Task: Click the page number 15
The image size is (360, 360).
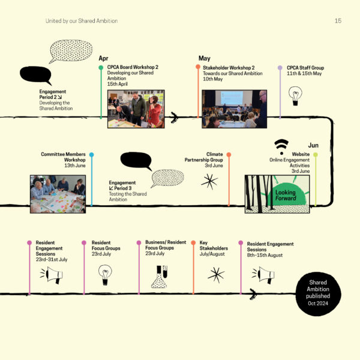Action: (x=338, y=21)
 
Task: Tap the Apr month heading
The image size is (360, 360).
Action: (x=103, y=58)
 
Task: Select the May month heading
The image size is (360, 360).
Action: (x=205, y=58)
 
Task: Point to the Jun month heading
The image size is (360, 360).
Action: (x=313, y=145)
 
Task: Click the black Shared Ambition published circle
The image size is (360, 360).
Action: (x=318, y=293)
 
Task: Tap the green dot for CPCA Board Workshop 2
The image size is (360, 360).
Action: (x=101, y=68)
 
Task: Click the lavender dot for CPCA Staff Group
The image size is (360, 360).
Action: (x=280, y=68)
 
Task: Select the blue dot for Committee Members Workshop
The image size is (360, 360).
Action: (x=92, y=155)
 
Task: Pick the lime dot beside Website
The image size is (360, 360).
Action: (x=316, y=155)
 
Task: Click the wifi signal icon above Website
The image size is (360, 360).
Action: (x=281, y=147)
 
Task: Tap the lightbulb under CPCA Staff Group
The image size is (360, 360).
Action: (x=295, y=96)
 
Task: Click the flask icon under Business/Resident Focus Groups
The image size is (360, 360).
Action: (x=160, y=277)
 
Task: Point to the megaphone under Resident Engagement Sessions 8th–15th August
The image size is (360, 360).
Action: (x=263, y=275)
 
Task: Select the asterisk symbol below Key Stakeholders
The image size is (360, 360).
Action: (x=216, y=275)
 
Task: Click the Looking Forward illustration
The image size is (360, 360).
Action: (x=277, y=194)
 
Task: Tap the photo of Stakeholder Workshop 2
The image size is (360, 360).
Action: (x=234, y=109)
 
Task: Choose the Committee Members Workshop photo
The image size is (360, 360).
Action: (x=58, y=194)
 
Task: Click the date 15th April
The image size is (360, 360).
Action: (x=118, y=84)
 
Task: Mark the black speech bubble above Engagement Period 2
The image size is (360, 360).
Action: (x=36, y=75)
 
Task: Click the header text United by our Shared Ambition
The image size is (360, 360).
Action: (x=82, y=21)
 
